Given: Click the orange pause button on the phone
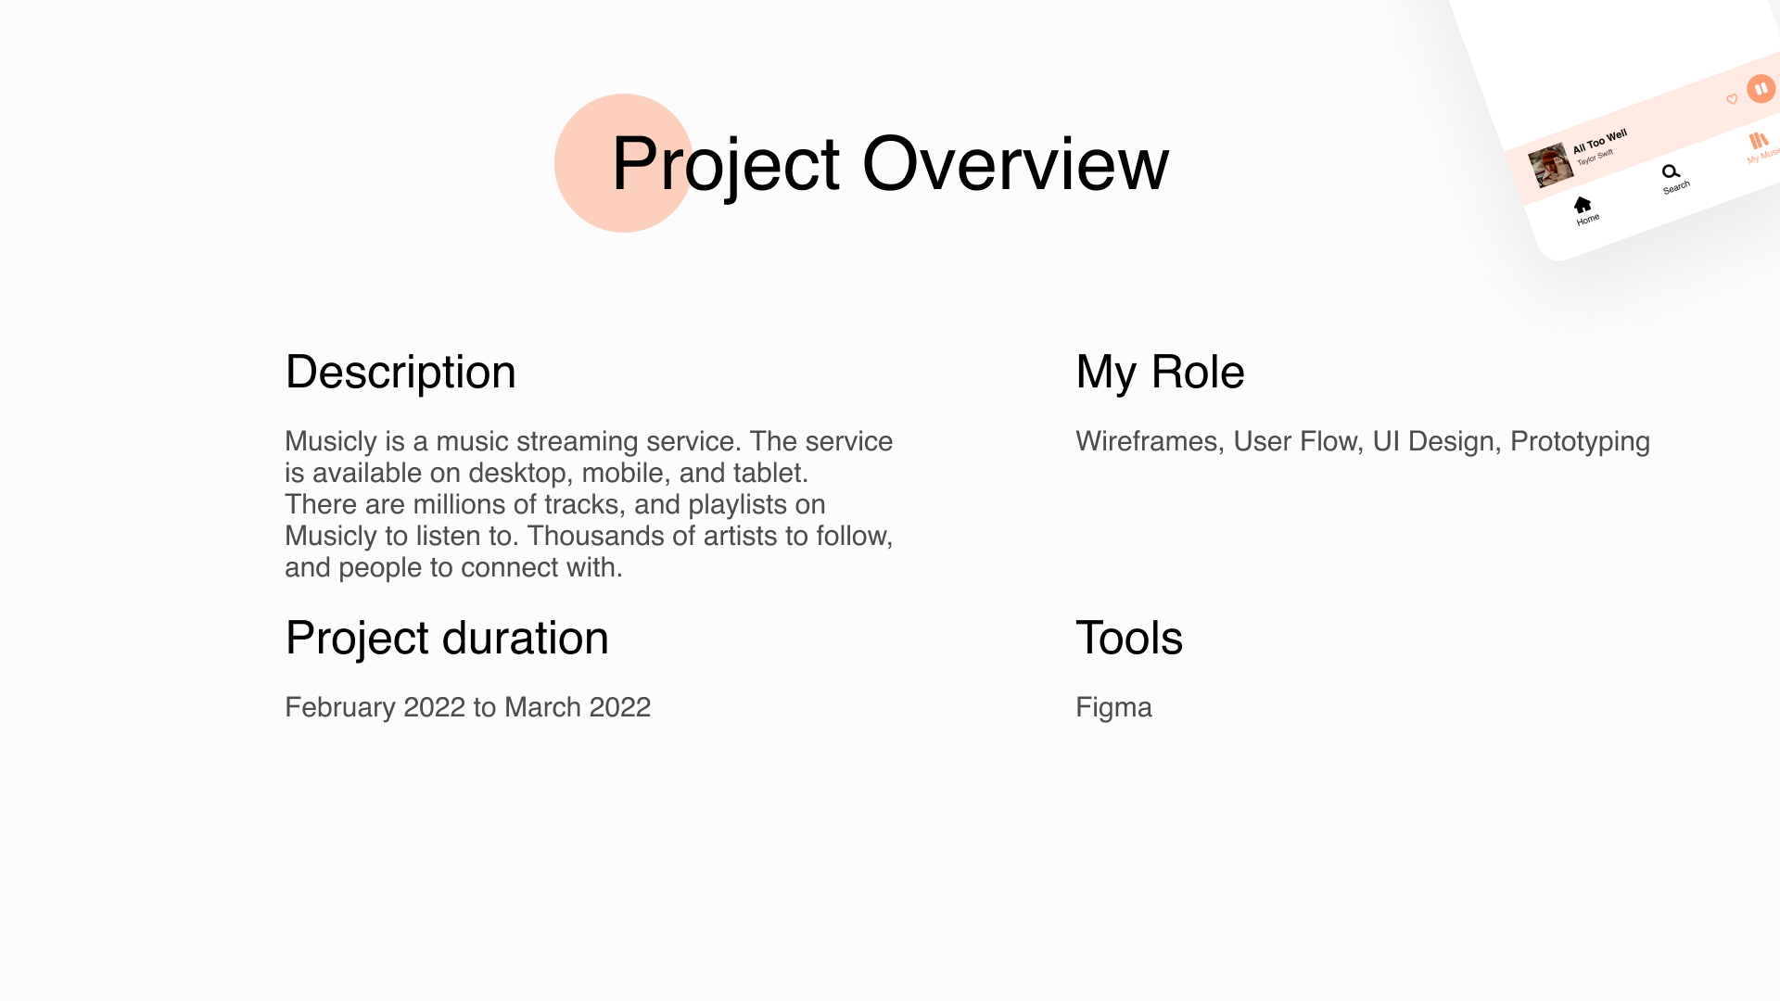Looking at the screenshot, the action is tap(1761, 89).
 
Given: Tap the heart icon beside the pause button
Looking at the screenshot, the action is tap(1732, 99).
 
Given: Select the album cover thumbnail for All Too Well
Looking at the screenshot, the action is tap(1551, 165).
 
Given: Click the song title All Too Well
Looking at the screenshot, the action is tap(1600, 142).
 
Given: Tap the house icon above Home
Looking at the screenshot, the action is tap(1583, 205).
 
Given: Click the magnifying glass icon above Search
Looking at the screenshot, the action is tap(1671, 171).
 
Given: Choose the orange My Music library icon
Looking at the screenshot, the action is tap(1758, 141).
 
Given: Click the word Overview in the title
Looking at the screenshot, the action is tap(1015, 163).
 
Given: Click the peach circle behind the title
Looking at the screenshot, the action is tap(624, 163).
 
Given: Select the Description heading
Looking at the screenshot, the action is tap(400, 373).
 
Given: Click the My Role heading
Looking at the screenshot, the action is tap(1160, 373).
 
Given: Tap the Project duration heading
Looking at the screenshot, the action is tap(447, 639).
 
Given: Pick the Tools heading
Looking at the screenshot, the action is tap(1129, 639).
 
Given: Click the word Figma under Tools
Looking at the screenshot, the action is tap(1113, 708).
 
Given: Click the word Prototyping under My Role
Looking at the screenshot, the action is tap(1580, 442).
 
